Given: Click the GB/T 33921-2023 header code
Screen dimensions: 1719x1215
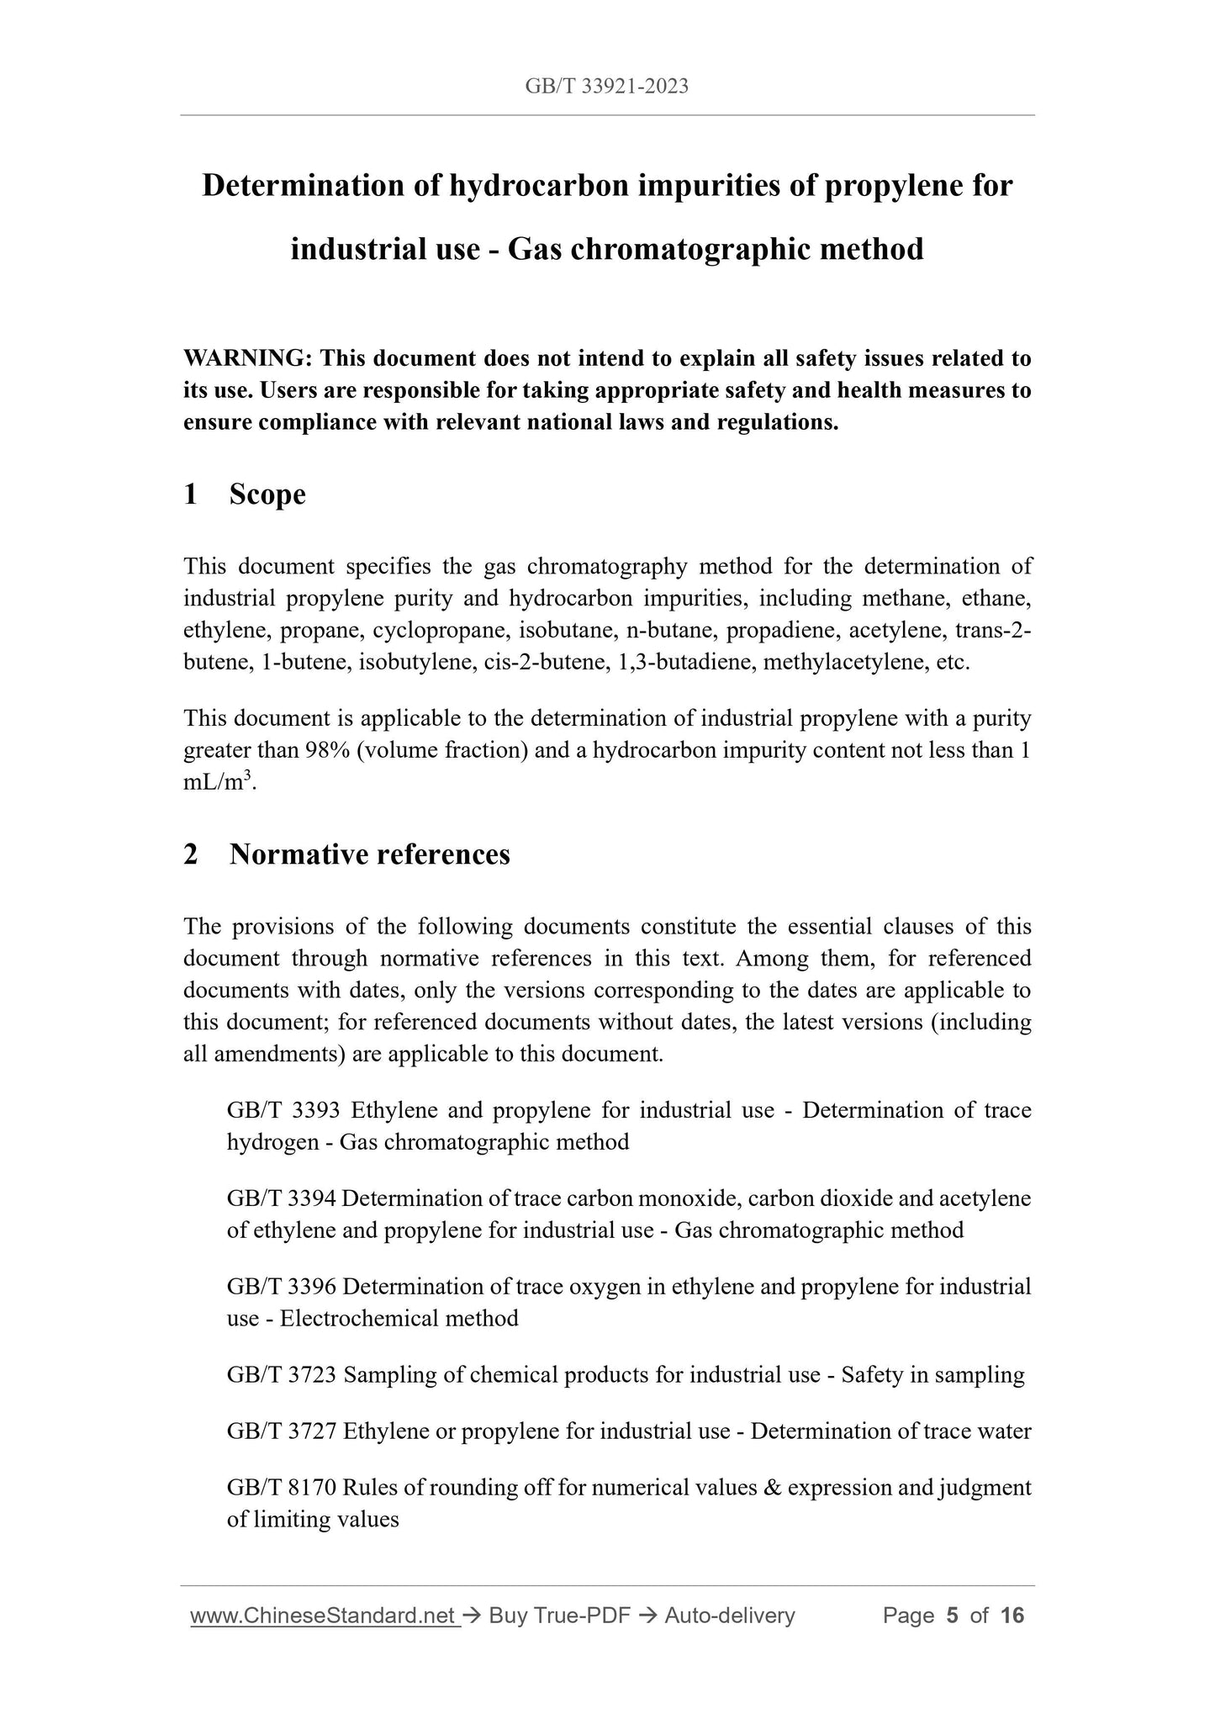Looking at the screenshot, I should pos(606,86).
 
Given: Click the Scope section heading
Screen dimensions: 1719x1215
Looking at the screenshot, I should pos(267,494).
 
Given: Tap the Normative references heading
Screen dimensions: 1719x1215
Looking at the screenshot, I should pos(369,854).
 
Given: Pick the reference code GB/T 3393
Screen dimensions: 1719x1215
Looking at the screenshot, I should pos(283,1110).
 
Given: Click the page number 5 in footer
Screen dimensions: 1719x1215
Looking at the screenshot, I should pos(952,1615).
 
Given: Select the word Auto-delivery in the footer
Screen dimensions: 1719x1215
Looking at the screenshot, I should pos(729,1615).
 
